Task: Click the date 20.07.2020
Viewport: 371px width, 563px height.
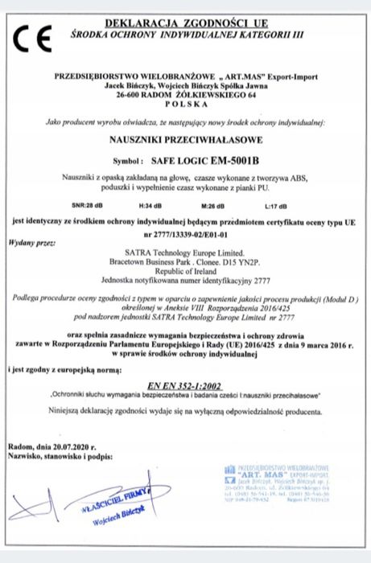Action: [71, 445]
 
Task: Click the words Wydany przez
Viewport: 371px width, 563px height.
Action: [32, 241]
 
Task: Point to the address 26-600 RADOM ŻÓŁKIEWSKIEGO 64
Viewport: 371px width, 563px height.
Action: [185, 94]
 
